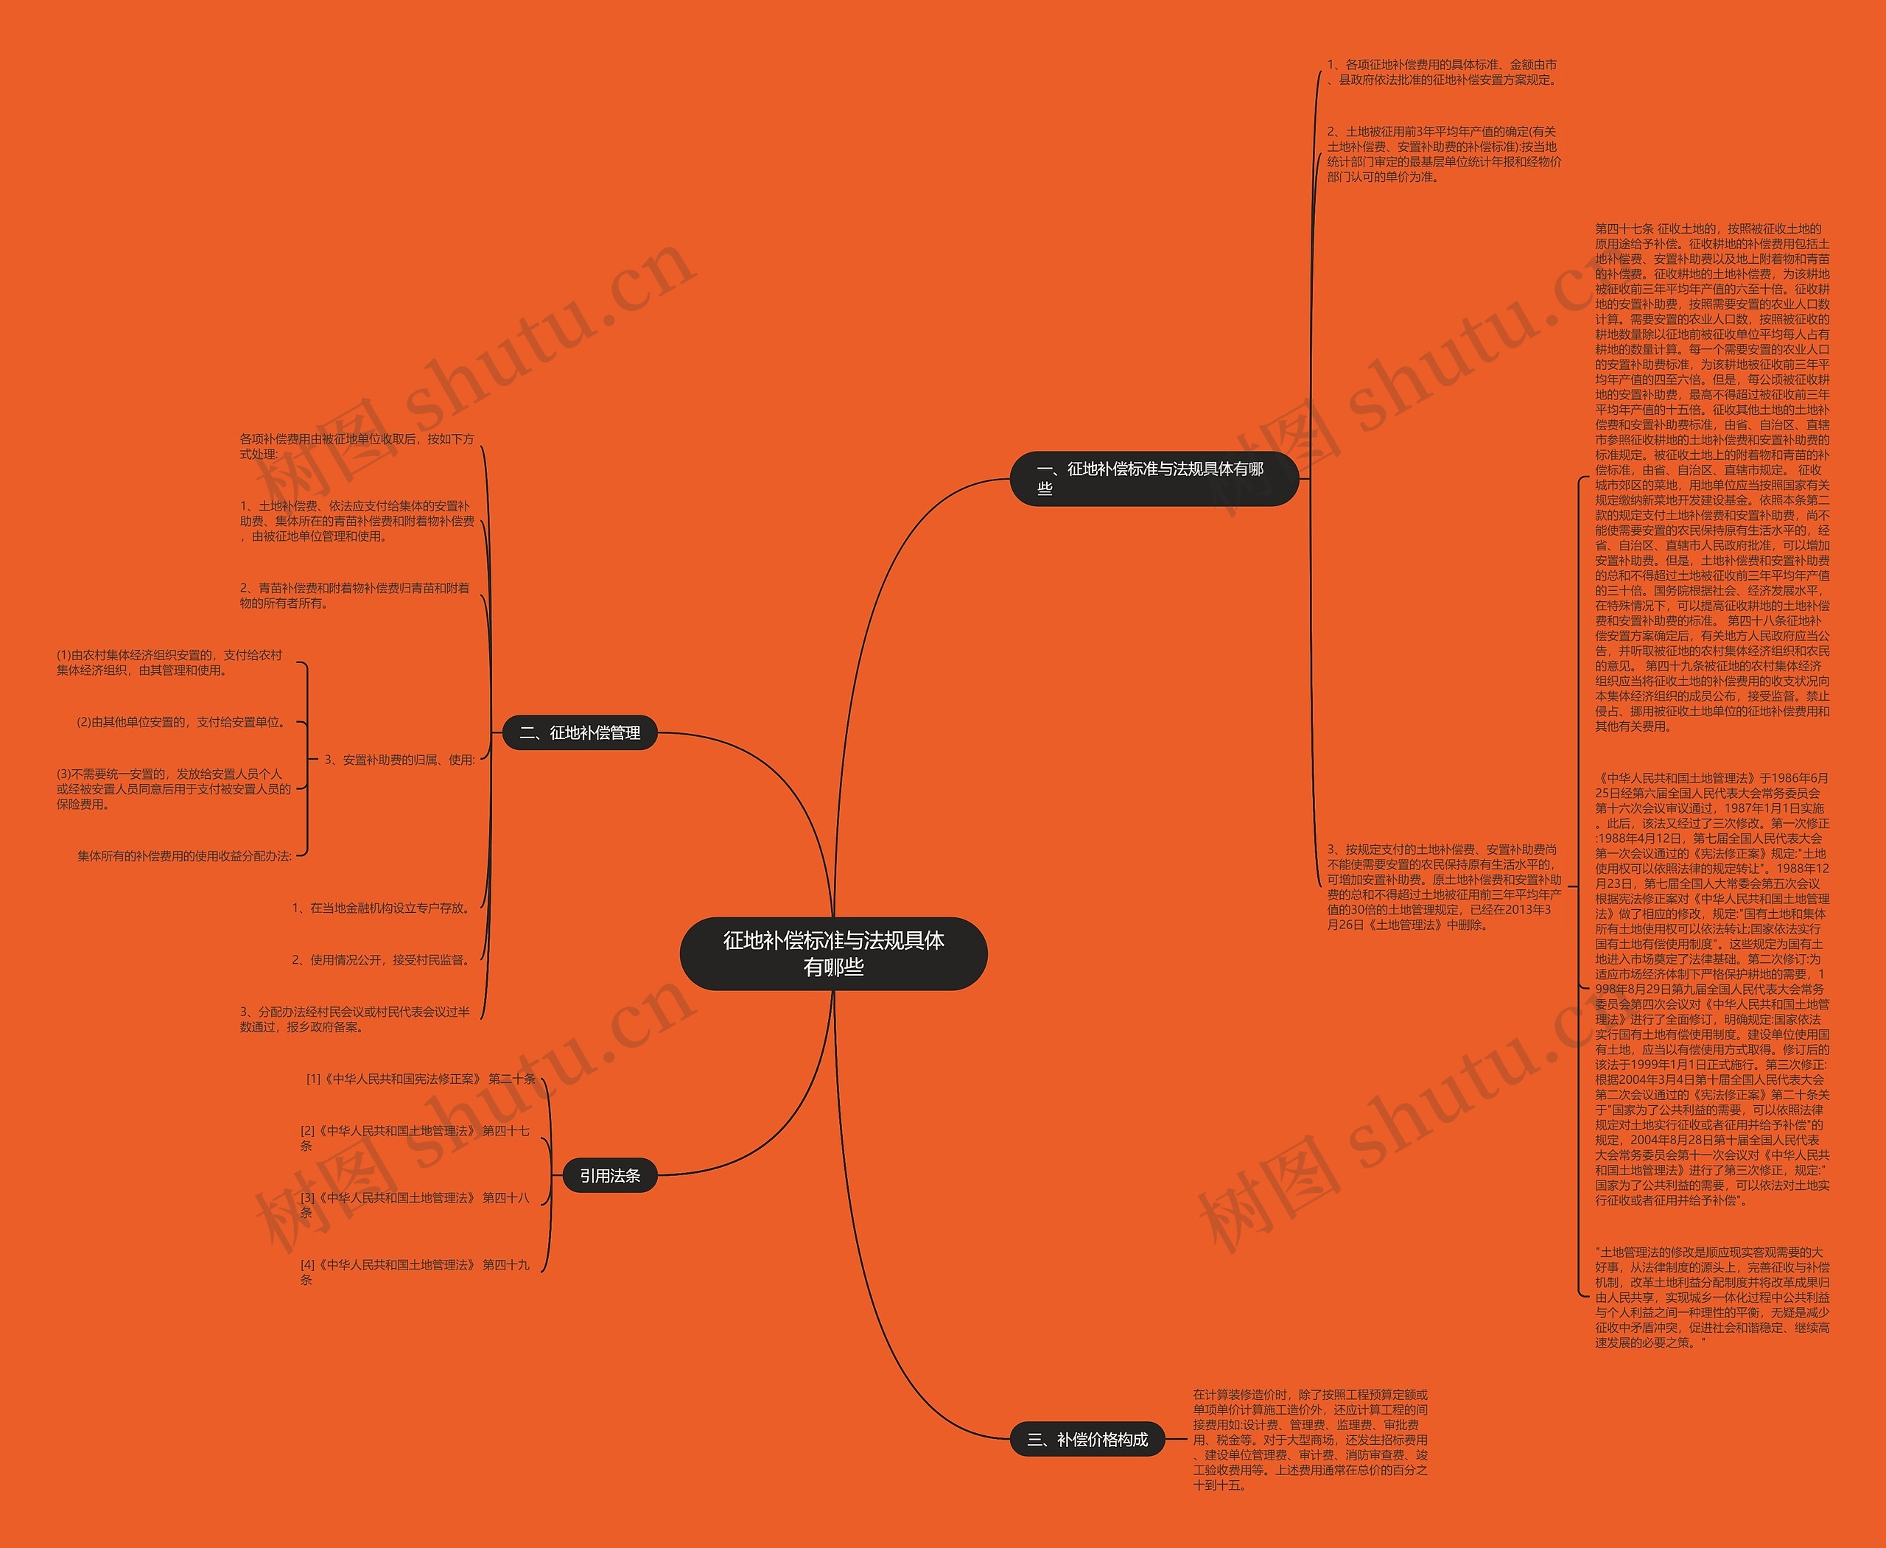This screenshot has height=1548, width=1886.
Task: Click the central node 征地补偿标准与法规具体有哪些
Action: (x=833, y=953)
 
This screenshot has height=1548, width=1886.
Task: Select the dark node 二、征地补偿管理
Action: (x=580, y=733)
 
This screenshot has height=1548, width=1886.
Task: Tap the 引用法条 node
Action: (x=610, y=1176)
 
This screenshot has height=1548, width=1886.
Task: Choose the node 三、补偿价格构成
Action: (x=1087, y=1439)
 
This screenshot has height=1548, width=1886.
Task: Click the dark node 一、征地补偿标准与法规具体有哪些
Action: (x=1153, y=479)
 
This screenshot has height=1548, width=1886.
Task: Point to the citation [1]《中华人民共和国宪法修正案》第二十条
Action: (x=421, y=1079)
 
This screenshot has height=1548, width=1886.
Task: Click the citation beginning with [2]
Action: (x=415, y=1138)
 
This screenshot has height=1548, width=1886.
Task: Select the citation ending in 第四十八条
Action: (x=415, y=1205)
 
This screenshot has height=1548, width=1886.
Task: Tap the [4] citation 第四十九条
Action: (x=415, y=1272)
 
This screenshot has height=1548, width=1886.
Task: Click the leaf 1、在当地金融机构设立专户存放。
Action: (x=382, y=908)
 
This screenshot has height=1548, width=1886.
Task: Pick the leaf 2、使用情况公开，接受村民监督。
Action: (x=382, y=959)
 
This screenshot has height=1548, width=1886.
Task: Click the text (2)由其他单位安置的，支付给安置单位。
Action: (x=183, y=722)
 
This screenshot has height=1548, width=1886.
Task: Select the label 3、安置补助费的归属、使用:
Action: (x=399, y=760)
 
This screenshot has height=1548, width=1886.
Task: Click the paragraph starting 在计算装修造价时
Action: (x=1310, y=1439)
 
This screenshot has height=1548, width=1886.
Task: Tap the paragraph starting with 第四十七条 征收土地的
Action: (x=1711, y=478)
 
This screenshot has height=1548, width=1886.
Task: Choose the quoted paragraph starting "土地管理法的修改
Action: (x=1711, y=1297)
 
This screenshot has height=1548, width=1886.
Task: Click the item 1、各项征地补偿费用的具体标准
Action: (x=1442, y=72)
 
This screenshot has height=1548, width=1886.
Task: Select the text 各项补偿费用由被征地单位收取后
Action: (x=357, y=446)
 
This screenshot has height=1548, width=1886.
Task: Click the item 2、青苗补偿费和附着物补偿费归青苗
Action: (x=355, y=595)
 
